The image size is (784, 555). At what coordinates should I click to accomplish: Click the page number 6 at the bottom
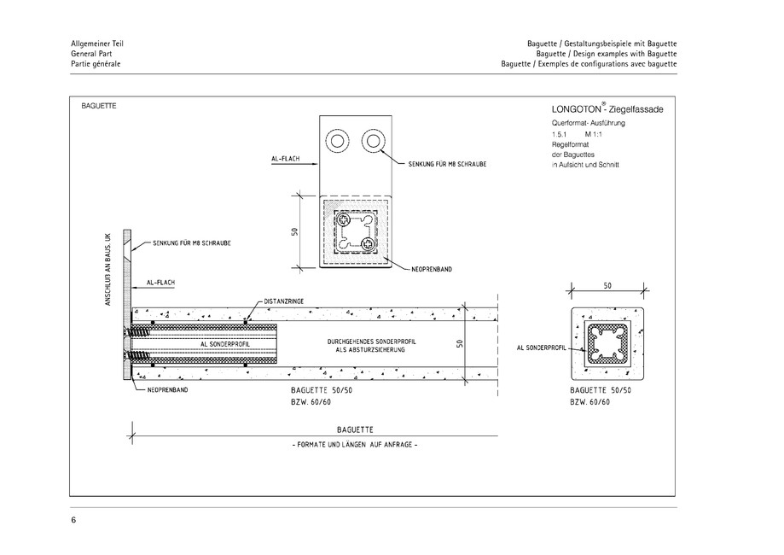pos(73,519)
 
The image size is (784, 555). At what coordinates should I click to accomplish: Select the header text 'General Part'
pos(90,53)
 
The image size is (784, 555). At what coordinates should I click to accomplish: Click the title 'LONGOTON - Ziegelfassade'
pos(607,109)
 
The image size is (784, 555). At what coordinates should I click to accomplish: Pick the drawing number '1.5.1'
pos(560,134)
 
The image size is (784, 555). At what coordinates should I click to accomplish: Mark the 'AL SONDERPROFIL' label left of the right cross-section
pos(543,348)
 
